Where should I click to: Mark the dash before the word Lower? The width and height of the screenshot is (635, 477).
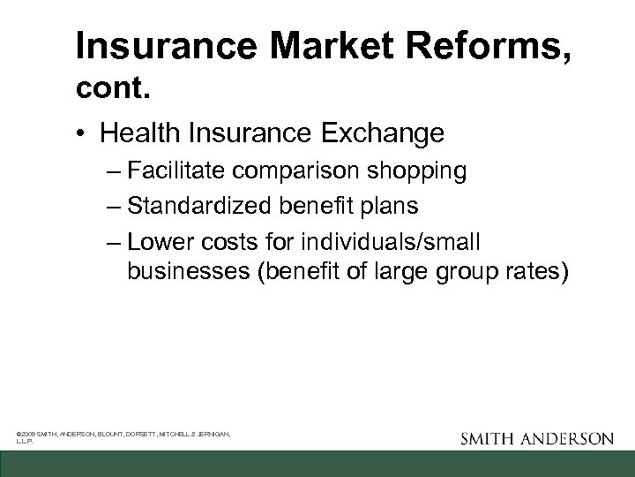[x=114, y=241]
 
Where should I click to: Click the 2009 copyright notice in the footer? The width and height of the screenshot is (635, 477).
[x=123, y=435]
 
